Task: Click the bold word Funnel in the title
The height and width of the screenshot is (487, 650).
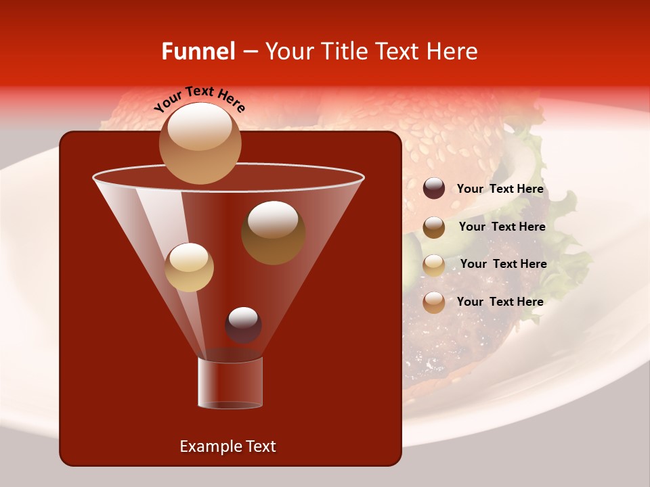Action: (198, 51)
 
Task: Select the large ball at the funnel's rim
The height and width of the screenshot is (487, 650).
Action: (200, 143)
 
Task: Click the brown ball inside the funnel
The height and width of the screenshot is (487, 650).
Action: (273, 233)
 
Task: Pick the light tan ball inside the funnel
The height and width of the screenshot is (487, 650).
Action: (189, 266)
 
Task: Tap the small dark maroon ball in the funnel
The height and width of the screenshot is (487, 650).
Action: (243, 325)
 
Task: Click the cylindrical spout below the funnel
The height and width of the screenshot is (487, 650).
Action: (230, 383)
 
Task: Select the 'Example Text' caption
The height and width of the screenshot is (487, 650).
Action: (228, 446)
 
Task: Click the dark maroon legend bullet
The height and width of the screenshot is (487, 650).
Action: (434, 189)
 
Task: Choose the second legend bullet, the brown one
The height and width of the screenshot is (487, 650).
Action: (434, 227)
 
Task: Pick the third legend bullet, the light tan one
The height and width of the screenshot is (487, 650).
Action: (434, 264)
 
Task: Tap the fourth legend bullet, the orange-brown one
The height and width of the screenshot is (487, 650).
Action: (434, 302)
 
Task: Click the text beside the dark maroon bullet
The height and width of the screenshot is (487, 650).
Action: (500, 189)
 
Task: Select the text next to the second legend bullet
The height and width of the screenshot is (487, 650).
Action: (502, 227)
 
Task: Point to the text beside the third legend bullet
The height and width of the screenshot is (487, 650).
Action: (503, 264)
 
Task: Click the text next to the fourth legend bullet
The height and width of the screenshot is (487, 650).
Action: (500, 302)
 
